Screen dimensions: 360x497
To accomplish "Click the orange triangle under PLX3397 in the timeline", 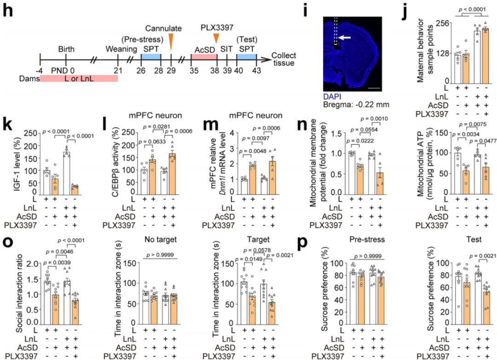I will [x=215, y=40].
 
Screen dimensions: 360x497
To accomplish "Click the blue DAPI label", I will [x=332, y=97].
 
